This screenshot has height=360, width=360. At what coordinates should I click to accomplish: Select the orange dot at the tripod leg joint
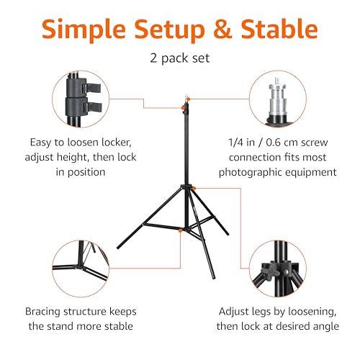point(195,189)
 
